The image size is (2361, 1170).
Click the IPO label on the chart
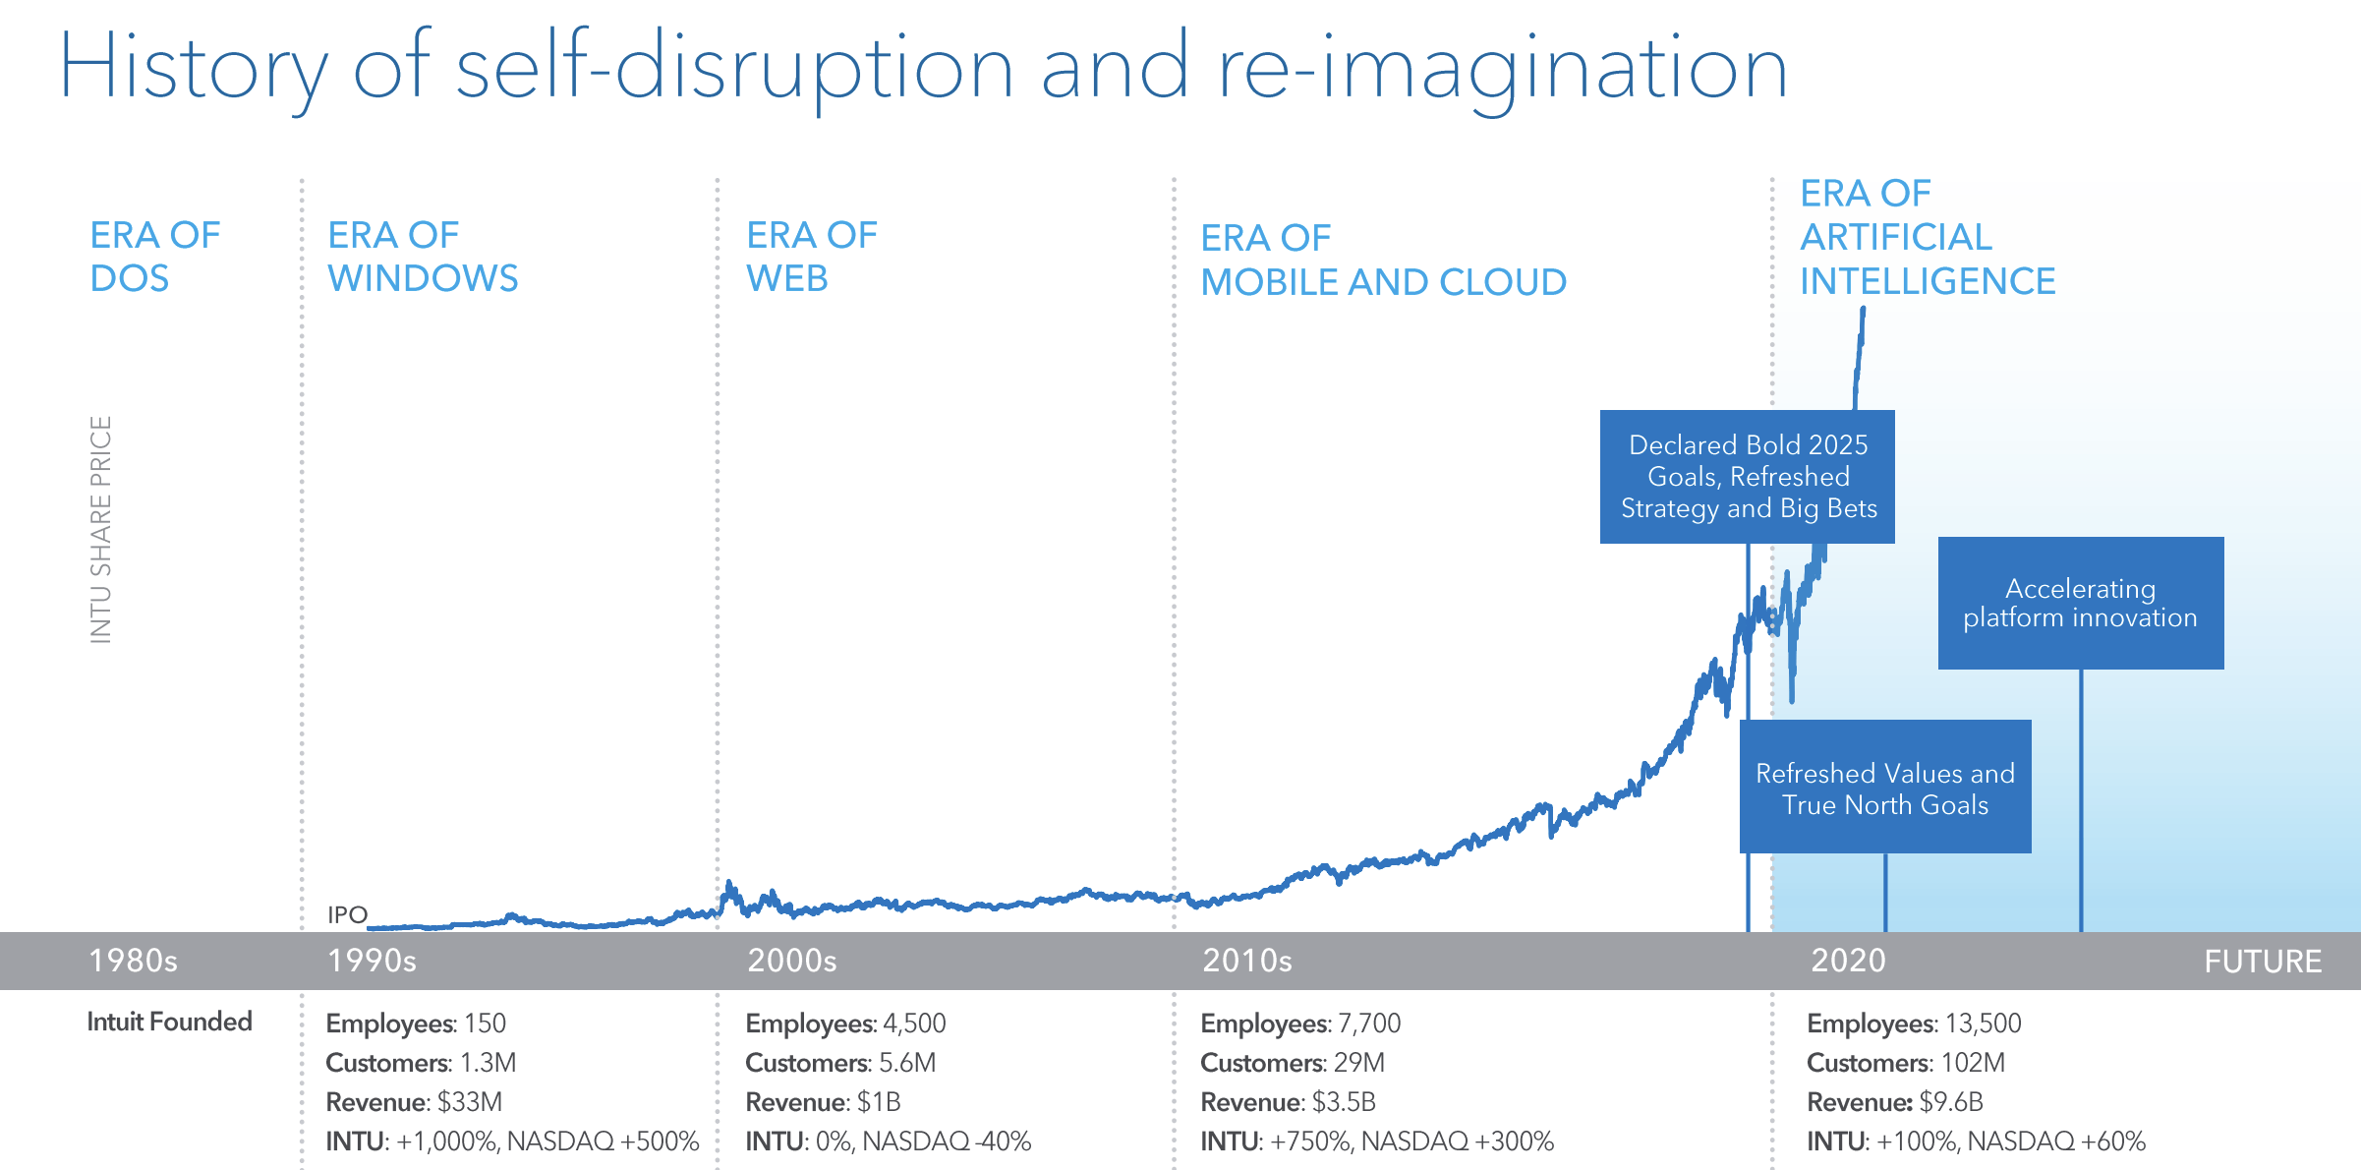tap(347, 915)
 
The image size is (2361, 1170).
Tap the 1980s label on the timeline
tap(133, 961)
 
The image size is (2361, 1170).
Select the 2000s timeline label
tap(791, 961)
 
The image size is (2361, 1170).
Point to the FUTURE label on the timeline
tap(2262, 962)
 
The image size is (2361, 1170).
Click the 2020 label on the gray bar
tap(1848, 961)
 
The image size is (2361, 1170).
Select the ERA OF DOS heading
tap(154, 257)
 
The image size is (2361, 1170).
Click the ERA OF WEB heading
tap(811, 257)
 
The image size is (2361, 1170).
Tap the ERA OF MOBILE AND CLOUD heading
tap(1383, 261)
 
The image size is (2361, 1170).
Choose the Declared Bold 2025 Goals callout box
tap(1747, 477)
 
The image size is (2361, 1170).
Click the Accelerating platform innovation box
tap(2080, 603)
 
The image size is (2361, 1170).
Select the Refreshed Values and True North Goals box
tap(1884, 788)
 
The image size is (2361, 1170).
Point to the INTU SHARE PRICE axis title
tap(100, 530)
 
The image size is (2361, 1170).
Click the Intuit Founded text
tap(169, 1022)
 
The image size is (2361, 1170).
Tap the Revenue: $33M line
tap(414, 1102)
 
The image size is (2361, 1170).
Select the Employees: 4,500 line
tap(845, 1024)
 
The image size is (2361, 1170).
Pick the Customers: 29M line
tap(1292, 1063)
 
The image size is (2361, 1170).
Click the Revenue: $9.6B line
tap(1894, 1102)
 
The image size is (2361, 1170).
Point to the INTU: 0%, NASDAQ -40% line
tap(888, 1141)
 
